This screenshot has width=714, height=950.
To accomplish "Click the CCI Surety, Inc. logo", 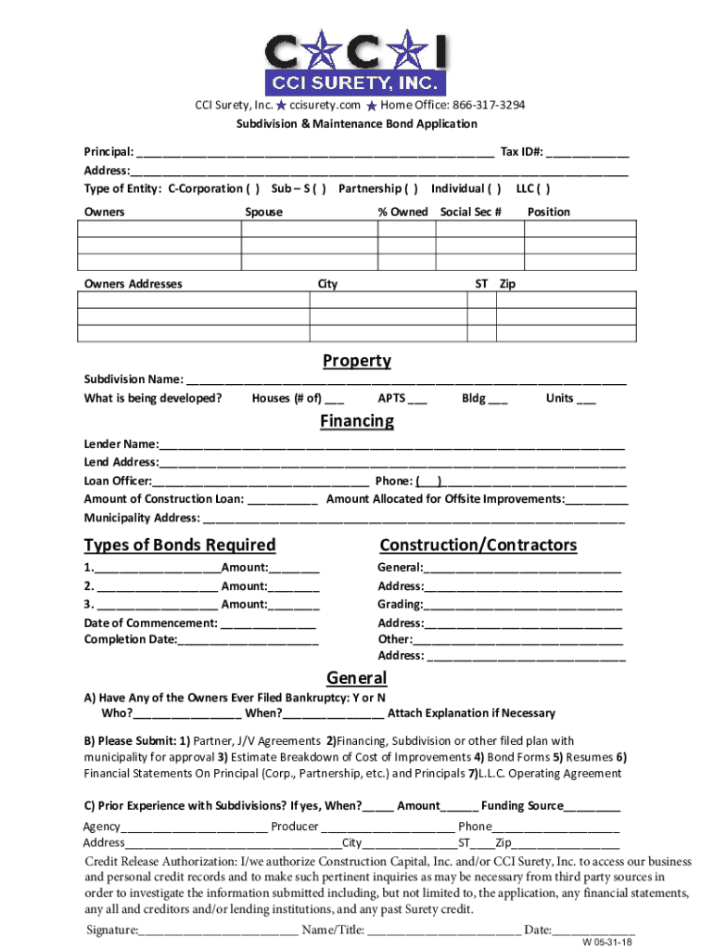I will [357, 63].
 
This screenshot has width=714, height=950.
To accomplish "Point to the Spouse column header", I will [263, 212].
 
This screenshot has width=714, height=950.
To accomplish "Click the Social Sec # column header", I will [470, 212].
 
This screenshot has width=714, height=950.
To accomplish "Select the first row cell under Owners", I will [159, 230].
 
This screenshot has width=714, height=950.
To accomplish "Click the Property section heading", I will [357, 361].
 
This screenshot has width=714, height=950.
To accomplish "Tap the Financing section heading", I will [357, 421].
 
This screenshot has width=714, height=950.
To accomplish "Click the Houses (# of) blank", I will [335, 400].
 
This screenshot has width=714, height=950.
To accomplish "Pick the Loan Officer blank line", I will [261, 481].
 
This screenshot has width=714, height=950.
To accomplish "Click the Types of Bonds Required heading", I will [180, 545].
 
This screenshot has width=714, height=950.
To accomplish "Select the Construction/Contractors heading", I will [478, 545].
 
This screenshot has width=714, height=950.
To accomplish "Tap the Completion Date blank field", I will [249, 639].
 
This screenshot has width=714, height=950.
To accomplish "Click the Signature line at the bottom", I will [219, 930].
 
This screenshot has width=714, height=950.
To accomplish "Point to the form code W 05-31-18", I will [607, 942].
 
